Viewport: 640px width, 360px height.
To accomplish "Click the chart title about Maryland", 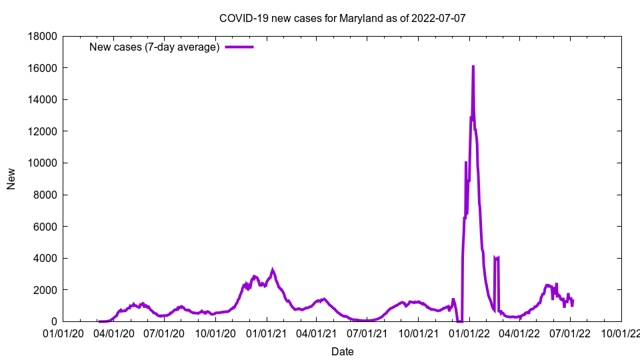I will coord(342,18).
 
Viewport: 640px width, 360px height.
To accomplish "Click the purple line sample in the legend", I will coord(239,47).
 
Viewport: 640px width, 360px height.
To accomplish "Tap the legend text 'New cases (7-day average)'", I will coord(155,47).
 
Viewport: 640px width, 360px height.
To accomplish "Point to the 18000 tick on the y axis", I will coord(43,36).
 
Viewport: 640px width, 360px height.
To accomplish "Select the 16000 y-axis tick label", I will coord(43,68).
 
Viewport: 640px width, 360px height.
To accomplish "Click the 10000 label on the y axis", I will coord(43,163).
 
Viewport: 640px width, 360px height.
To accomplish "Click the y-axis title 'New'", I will coord(11,179).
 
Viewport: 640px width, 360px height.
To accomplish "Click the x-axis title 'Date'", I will coord(342,351).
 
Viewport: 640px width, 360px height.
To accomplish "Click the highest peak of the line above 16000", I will coord(473,67).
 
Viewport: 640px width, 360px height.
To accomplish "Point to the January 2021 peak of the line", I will coord(272,270).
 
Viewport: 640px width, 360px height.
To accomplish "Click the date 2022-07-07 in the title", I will coord(439,18).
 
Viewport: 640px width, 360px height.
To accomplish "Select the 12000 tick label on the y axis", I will coord(43,131).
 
